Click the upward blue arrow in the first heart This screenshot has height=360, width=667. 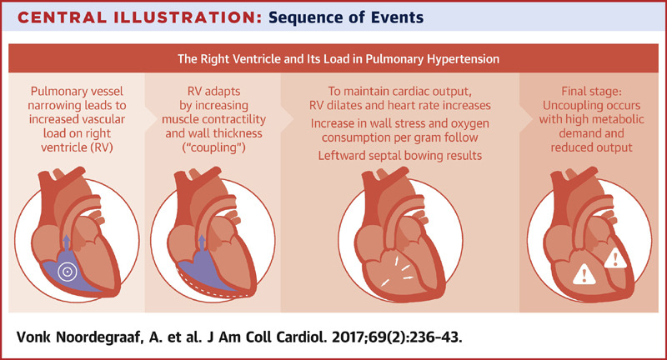click(66, 243)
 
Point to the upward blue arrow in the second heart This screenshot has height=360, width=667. click(202, 243)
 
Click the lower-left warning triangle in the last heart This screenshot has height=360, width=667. click(584, 274)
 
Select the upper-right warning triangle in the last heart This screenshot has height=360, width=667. click(614, 259)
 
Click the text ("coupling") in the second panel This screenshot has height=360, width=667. click(213, 147)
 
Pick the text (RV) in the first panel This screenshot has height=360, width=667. click(102, 147)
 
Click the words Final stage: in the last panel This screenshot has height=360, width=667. click(591, 91)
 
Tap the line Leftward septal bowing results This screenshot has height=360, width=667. click(400, 156)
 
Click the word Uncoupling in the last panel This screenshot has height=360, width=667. click(569, 105)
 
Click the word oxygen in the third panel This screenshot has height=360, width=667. click(469, 123)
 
